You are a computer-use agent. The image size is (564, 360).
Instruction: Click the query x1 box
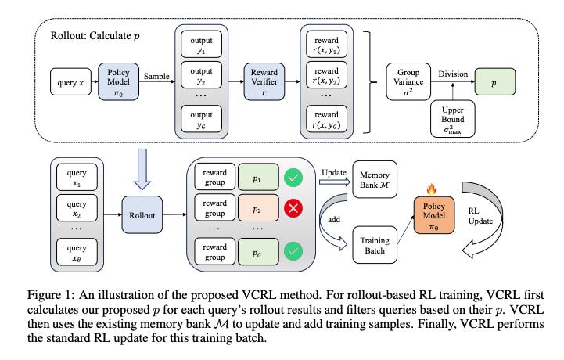point(77,182)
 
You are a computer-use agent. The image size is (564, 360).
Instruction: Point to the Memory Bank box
point(377,178)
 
